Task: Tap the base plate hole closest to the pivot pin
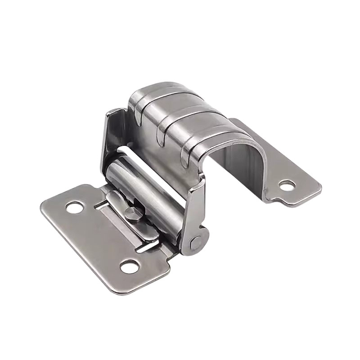(129, 266)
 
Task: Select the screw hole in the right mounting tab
(286, 184)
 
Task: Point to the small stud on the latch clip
(131, 214)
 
